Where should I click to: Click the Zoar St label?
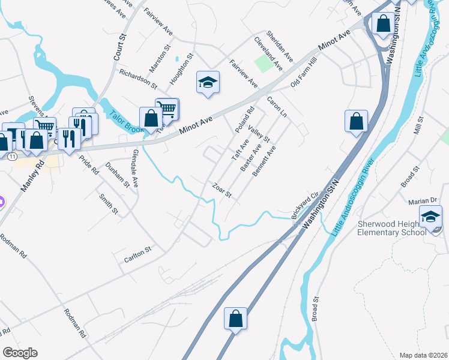tap(221, 190)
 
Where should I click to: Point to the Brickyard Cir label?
tap(304, 206)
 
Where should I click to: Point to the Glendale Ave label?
tap(135, 172)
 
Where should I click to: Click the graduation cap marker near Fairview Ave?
tap(208, 82)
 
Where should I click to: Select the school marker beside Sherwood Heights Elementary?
tap(430, 217)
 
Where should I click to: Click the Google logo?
tap(20, 353)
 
